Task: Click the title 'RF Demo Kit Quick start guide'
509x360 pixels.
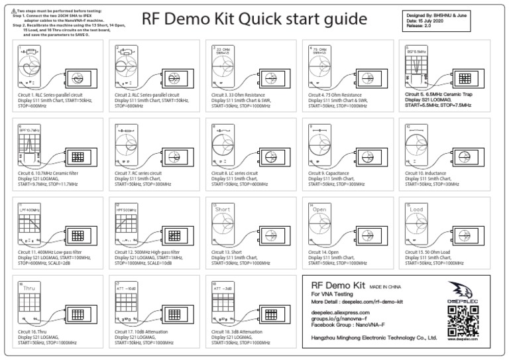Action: click(263, 19)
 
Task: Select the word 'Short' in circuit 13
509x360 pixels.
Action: click(223, 210)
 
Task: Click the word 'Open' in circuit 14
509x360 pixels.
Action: click(319, 210)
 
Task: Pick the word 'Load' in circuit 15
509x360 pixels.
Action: click(416, 210)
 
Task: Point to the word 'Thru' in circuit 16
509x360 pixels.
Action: click(29, 288)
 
